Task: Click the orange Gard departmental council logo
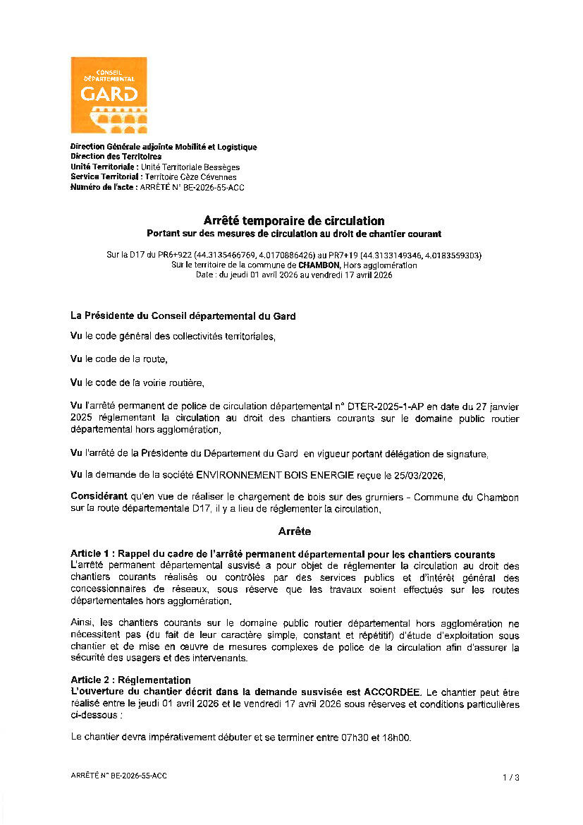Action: (x=109, y=95)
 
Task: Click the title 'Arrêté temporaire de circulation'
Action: (x=294, y=222)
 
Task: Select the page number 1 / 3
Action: (x=511, y=778)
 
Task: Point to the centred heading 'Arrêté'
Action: (x=295, y=531)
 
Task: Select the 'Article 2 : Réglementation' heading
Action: (x=130, y=680)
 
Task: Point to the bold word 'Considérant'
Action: (x=99, y=498)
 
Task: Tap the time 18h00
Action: (x=396, y=738)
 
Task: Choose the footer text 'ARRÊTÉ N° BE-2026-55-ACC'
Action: (x=119, y=776)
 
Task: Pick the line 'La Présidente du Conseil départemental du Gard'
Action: (x=183, y=316)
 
